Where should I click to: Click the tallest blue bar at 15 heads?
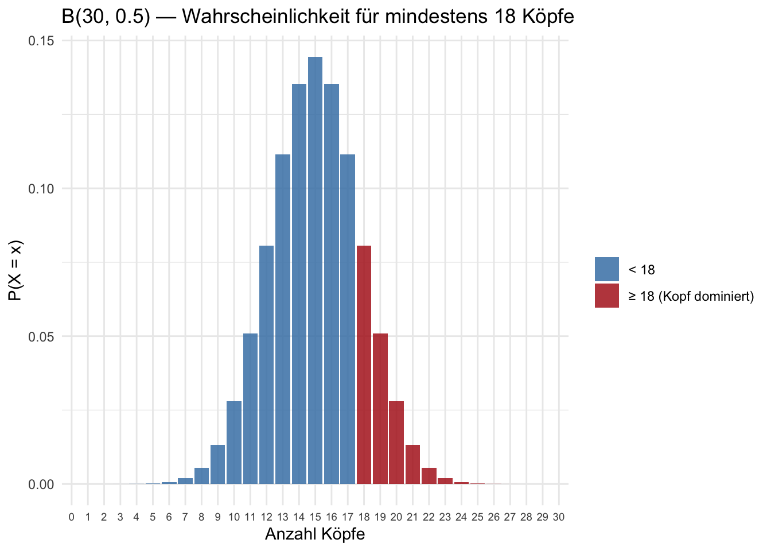[x=315, y=270]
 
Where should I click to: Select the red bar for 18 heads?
[x=364, y=364]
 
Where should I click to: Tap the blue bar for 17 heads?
[x=347, y=319]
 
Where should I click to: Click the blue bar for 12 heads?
[x=266, y=364]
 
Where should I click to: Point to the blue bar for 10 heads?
[x=233, y=442]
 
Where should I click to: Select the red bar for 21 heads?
[x=412, y=464]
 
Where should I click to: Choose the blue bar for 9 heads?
[x=217, y=464]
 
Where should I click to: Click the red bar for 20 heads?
[x=396, y=442]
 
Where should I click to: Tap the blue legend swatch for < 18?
[x=606, y=269]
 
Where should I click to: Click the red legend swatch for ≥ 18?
[x=606, y=296]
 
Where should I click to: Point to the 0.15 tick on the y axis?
[x=41, y=41]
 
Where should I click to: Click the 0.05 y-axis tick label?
[x=41, y=336]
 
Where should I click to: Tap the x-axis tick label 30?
[x=559, y=517]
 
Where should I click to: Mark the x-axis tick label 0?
[x=71, y=517]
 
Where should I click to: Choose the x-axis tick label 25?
[x=477, y=517]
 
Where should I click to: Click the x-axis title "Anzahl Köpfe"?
[x=315, y=534]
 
